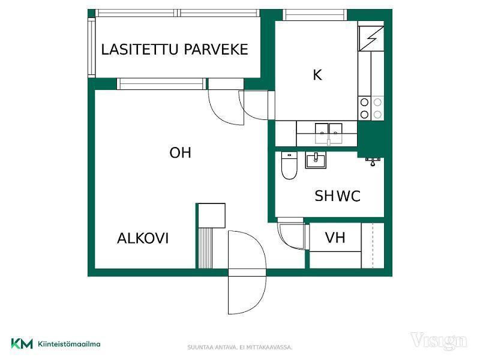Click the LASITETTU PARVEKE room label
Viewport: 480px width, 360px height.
click(175, 50)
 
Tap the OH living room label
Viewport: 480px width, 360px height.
click(181, 153)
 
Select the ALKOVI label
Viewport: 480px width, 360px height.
click(143, 238)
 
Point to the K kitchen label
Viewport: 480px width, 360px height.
click(317, 75)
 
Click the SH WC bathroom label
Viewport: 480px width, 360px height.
click(337, 196)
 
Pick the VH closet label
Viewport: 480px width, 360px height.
click(335, 238)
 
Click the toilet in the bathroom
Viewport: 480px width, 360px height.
click(289, 166)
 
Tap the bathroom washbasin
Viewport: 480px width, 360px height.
click(316, 160)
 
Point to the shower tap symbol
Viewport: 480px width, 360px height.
click(373, 161)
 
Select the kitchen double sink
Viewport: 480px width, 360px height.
click(328, 133)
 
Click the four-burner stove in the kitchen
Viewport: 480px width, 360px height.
click(371, 108)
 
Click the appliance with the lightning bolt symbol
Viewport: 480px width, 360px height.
click(371, 38)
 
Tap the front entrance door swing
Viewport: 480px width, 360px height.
click(247, 272)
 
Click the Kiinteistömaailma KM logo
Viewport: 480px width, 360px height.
click(56, 344)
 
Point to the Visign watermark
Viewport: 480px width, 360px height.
click(439, 341)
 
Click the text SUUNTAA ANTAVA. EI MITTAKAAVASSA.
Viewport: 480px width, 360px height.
click(240, 347)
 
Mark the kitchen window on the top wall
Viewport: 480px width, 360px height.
click(314, 14)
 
